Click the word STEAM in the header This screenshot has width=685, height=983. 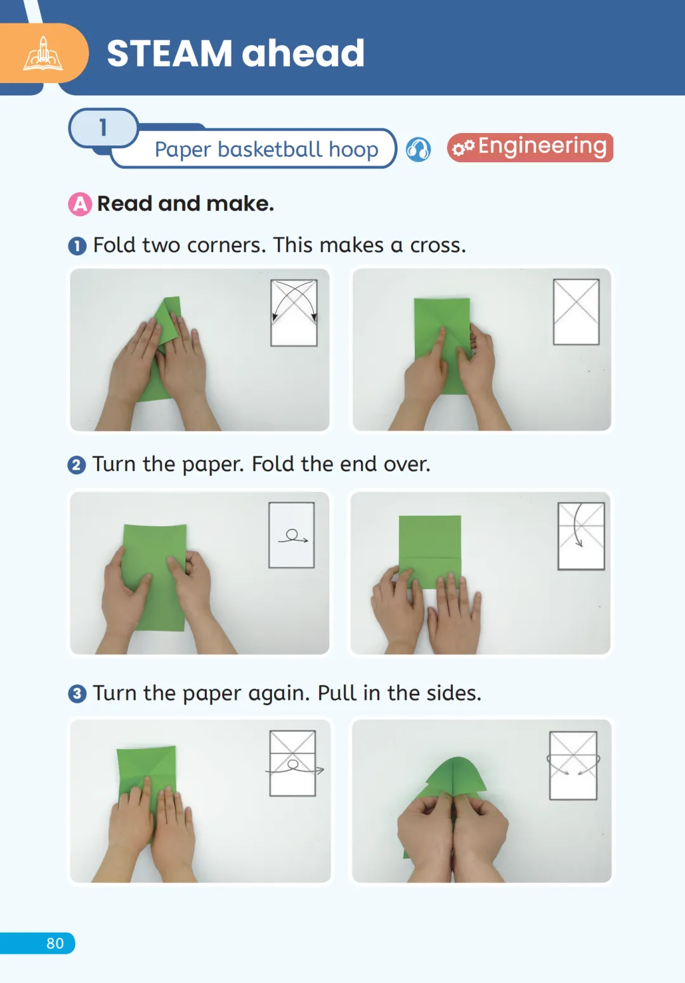(169, 53)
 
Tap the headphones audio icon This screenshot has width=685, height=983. (418, 150)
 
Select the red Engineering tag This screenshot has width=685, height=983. (530, 148)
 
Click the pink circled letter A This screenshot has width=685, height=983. (80, 204)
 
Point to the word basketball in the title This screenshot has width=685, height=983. (270, 149)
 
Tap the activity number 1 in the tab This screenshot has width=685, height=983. (103, 127)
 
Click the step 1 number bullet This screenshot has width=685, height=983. (77, 246)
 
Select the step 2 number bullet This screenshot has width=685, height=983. (77, 465)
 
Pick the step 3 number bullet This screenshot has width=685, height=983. (77, 694)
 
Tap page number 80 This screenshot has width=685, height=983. (55, 944)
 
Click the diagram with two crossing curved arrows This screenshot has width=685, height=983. (294, 313)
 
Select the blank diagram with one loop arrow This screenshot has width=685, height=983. (292, 535)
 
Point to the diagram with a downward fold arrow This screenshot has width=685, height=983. (581, 536)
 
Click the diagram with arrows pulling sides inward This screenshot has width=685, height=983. (573, 766)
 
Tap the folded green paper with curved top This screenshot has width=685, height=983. (452, 790)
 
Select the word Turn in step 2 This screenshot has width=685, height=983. (114, 465)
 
